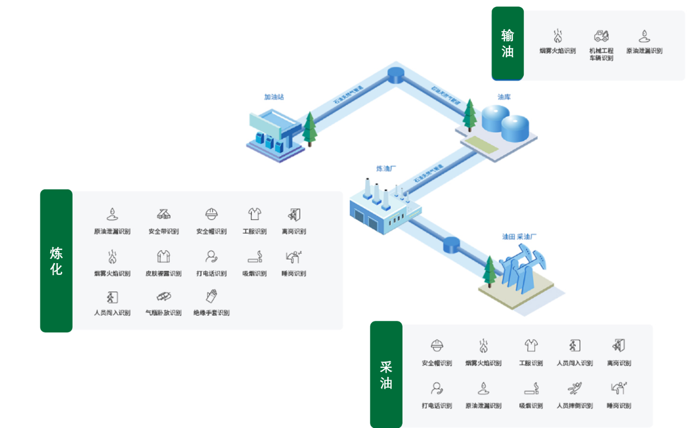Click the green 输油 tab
pyautogui.click(x=507, y=44)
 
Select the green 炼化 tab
pyautogui.click(x=56, y=261)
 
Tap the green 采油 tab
pyautogui.click(x=386, y=374)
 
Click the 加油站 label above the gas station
pyautogui.click(x=274, y=97)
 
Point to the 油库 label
pyautogui.click(x=504, y=97)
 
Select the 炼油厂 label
pyautogui.click(x=386, y=169)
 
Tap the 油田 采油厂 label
pyautogui.click(x=520, y=237)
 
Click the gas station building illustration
pyautogui.click(x=273, y=134)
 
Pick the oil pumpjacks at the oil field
pyautogui.click(x=519, y=270)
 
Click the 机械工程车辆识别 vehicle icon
pyautogui.click(x=601, y=37)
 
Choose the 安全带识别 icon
pyautogui.click(x=163, y=214)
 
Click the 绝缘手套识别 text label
pyautogui.click(x=211, y=313)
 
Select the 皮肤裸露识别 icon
pyautogui.click(x=163, y=256)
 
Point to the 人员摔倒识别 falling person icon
pyautogui.click(x=574, y=388)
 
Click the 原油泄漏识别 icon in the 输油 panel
pyautogui.click(x=644, y=37)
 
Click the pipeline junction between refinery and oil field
pyautogui.click(x=452, y=245)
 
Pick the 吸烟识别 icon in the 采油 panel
pyautogui.click(x=531, y=388)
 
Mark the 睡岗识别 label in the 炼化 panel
pyautogui.click(x=294, y=274)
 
